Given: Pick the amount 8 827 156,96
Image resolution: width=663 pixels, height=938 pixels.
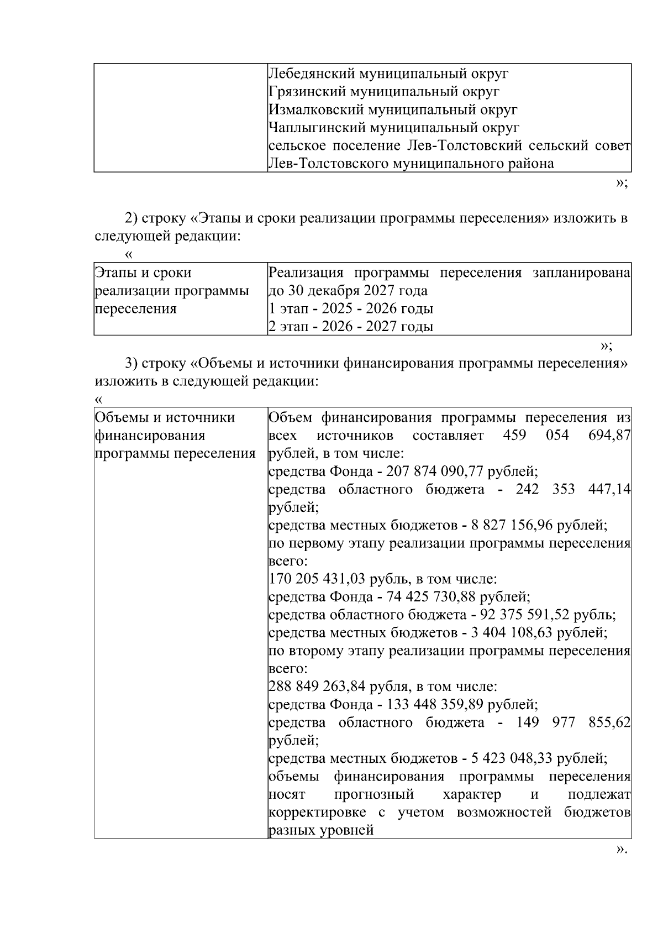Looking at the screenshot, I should [512, 525].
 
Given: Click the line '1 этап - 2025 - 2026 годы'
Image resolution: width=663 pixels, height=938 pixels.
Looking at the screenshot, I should [350, 308].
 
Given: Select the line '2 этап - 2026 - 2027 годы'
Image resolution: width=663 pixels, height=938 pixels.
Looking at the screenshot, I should [350, 327].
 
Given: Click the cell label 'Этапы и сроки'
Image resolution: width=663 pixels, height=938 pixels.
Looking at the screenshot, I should [143, 273].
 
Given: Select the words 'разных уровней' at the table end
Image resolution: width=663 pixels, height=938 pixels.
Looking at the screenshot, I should [321, 830].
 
